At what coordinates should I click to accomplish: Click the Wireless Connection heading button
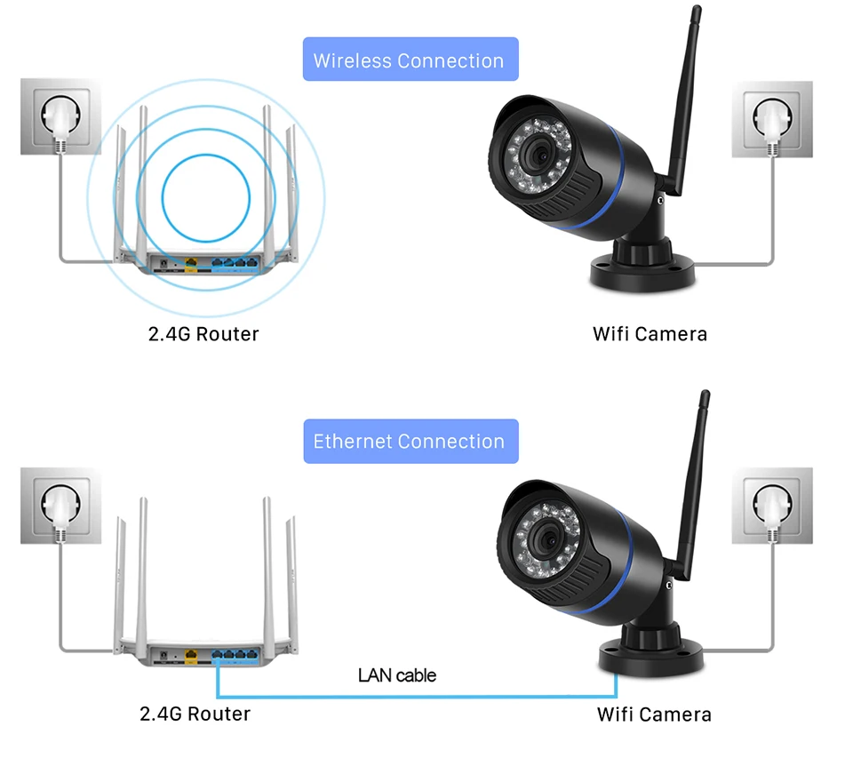tap(411, 60)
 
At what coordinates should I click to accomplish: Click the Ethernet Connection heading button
tap(411, 442)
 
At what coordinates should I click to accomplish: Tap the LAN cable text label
tap(397, 675)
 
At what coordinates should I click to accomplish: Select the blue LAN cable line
tap(416, 697)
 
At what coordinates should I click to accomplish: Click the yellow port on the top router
tap(191, 265)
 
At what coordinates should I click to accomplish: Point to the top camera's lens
tap(539, 155)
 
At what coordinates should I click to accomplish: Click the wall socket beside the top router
tap(61, 116)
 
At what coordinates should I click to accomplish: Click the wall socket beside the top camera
tap(772, 119)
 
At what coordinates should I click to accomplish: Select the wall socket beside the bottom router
tap(61, 506)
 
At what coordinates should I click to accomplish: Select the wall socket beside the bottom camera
tap(772, 506)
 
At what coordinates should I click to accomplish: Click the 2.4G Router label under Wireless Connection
tap(203, 334)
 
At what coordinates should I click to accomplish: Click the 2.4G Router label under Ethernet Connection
tap(195, 714)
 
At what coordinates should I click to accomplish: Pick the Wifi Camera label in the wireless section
tap(650, 334)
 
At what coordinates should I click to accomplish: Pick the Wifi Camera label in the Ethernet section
tap(654, 714)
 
